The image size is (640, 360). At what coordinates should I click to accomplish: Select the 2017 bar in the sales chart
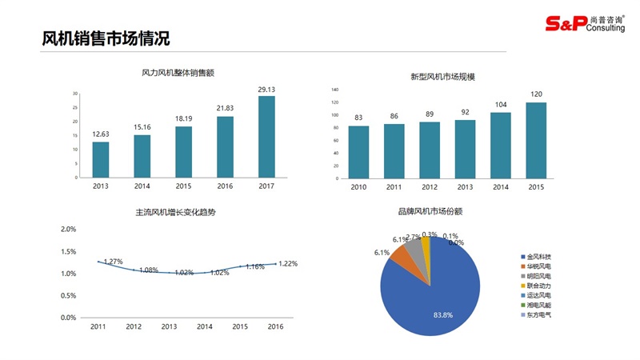click(x=266, y=136)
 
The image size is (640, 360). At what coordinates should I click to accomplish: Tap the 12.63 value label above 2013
click(x=101, y=134)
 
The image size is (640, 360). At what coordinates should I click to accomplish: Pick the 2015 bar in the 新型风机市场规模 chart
click(x=536, y=140)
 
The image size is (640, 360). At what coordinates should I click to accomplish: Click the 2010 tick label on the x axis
click(x=358, y=186)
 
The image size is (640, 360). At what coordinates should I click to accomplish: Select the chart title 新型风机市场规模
click(x=442, y=77)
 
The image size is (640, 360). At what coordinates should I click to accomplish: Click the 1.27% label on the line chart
click(x=113, y=262)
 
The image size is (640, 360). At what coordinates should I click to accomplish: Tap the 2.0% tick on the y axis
click(x=69, y=230)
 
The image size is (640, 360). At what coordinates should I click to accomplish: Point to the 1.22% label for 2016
click(x=287, y=264)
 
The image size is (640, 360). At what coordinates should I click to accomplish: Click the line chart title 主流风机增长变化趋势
click(x=176, y=213)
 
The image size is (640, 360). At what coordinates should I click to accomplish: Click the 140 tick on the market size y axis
click(x=335, y=90)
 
